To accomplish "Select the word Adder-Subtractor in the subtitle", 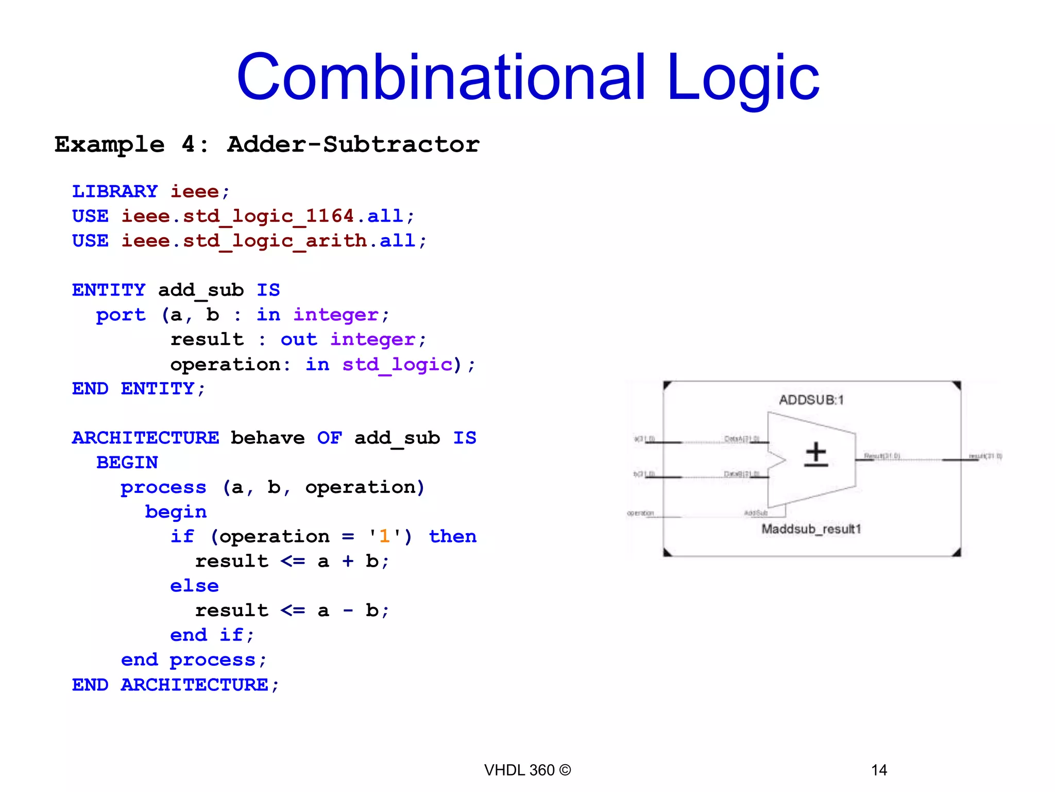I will coord(353,144).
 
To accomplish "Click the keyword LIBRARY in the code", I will coord(115,191).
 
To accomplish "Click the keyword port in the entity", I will coord(121,315).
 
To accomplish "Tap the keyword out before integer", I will coord(299,339).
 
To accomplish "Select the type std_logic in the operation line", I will coord(397,365).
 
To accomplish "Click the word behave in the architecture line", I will coord(267,438).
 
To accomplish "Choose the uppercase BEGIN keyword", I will coord(127,463).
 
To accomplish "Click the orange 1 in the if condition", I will coord(384,536).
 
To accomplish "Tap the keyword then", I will coord(453,536).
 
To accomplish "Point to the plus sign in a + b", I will coord(348,561).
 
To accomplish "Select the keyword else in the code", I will coord(194,586).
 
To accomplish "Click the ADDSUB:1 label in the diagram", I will coord(811,400).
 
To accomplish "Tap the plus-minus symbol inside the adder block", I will coord(816,454).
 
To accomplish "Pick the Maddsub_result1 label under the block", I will coord(811,529).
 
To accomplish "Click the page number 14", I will coord(879,770).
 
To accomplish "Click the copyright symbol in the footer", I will coord(565,770).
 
